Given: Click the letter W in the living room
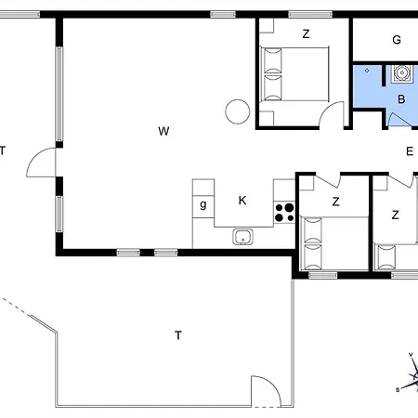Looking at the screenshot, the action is tap(163, 131).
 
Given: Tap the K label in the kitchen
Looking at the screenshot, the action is tap(242, 201).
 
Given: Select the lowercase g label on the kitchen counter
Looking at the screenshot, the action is tap(203, 204).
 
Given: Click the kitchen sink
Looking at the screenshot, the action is tap(242, 237).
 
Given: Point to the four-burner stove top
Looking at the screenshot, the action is tap(284, 213).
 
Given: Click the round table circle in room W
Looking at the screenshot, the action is tap(238, 111).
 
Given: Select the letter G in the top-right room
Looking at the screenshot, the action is tap(397, 40).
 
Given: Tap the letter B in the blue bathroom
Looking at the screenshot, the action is tap(401, 99).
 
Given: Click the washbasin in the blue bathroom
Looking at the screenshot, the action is tap(402, 73).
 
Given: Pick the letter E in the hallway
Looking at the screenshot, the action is tap(410, 151).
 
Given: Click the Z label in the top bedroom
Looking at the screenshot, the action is tap(306, 33).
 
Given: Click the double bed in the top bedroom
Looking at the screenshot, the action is tap(294, 73).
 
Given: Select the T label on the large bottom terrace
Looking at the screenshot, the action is tap(178, 335).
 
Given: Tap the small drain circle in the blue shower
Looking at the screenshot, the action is tap(367, 71).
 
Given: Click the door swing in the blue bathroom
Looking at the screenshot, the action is tap(399, 119).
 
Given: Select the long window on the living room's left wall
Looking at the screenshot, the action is tap(59, 94).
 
